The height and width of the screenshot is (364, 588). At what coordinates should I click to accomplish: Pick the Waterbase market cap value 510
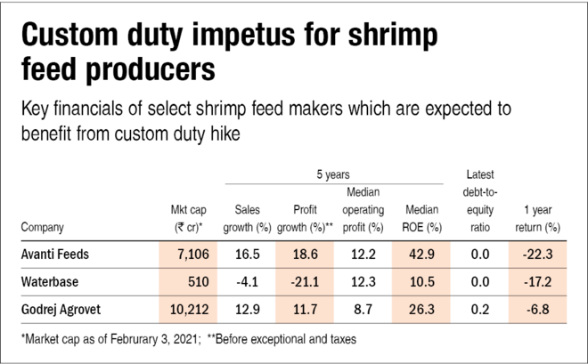[196, 283]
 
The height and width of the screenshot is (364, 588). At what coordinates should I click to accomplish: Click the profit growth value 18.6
[306, 255]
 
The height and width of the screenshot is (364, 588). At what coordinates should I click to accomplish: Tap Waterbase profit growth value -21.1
[304, 283]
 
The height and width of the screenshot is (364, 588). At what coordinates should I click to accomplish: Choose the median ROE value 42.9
[422, 255]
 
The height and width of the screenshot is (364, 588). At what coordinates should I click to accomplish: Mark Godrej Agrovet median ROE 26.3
[422, 311]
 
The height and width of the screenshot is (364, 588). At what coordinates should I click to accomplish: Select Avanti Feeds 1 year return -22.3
[541, 255]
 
